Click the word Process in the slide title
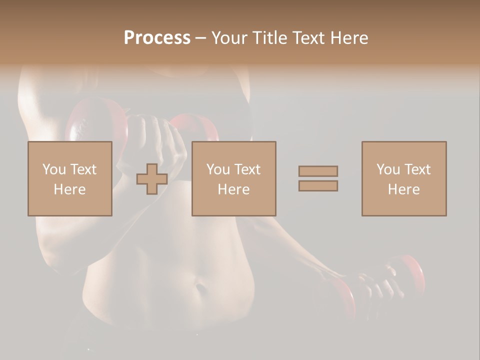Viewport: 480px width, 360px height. [x=157, y=38]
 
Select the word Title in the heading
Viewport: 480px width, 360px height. [x=270, y=38]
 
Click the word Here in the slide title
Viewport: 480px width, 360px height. [x=351, y=38]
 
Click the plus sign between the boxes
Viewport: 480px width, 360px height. [x=152, y=178]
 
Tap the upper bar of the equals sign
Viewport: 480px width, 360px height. [x=318, y=171]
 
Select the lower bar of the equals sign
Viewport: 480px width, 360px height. [x=318, y=186]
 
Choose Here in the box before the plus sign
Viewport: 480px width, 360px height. [x=69, y=189]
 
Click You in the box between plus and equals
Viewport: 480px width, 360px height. [x=218, y=169]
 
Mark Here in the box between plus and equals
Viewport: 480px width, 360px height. [x=233, y=189]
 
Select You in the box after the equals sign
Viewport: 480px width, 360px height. [x=388, y=169]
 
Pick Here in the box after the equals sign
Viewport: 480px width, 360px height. [x=403, y=189]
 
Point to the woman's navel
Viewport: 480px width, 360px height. [x=200, y=288]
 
